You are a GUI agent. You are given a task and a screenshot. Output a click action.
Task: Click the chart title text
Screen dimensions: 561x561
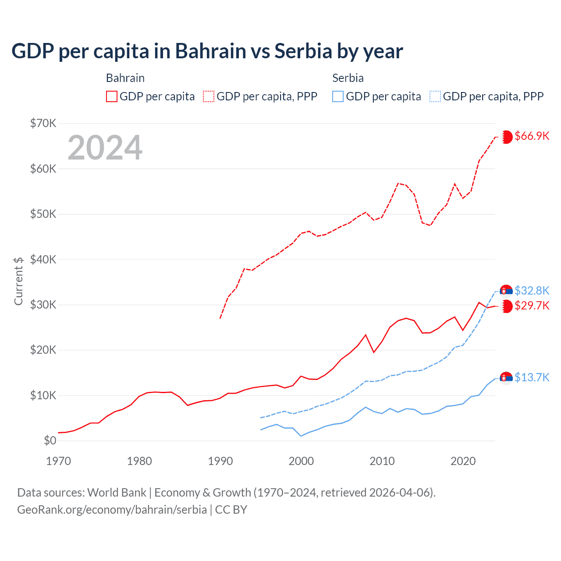click(207, 51)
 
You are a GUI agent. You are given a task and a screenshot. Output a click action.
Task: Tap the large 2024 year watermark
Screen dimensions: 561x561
click(105, 148)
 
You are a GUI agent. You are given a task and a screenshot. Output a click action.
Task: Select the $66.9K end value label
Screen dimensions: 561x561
click(532, 136)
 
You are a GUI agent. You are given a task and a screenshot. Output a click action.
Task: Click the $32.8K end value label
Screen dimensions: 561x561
click(532, 291)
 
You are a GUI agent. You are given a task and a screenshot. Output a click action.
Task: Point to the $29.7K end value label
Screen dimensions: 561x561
click(532, 305)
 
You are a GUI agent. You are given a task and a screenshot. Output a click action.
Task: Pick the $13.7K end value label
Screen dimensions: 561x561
click(532, 377)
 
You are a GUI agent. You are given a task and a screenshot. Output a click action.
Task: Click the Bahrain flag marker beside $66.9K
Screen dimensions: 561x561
click(506, 137)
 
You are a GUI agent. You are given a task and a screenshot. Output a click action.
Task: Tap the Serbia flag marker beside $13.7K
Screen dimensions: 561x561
click(506, 378)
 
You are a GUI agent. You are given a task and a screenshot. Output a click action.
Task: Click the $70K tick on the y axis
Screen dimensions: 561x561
click(43, 123)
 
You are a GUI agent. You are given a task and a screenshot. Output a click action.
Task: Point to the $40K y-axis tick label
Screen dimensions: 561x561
click(43, 259)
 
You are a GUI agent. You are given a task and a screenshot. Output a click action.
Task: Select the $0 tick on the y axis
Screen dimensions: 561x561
click(50, 440)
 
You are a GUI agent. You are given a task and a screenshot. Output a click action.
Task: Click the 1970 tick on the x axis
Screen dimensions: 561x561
click(58, 461)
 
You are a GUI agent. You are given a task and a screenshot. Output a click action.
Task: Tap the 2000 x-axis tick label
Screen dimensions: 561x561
click(301, 461)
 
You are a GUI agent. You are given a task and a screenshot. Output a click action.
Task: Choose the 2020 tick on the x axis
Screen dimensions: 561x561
click(463, 461)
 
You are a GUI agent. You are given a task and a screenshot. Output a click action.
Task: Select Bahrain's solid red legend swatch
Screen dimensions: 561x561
click(112, 96)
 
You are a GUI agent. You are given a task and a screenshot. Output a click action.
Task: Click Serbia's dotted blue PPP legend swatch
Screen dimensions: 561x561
click(435, 96)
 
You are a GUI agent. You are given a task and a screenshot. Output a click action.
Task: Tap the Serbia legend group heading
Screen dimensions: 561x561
click(348, 78)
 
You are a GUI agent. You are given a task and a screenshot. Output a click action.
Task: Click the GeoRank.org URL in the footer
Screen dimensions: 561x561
click(112, 510)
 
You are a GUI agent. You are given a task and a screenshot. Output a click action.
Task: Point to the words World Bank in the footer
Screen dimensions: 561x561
click(117, 493)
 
